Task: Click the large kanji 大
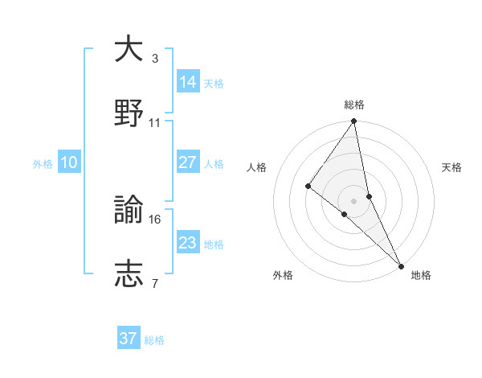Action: (129, 49)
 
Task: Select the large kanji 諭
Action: (129, 210)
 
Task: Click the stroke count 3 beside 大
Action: (154, 59)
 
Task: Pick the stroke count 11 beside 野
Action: (155, 123)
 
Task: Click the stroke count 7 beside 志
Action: (154, 284)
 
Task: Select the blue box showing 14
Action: (187, 82)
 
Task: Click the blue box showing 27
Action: (187, 162)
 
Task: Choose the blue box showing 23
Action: (187, 243)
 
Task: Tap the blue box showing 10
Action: (69, 163)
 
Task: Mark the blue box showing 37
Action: (129, 339)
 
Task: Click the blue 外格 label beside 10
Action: (43, 164)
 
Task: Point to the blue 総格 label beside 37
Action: (154, 340)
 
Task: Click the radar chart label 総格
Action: (354, 105)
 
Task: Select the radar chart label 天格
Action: (452, 167)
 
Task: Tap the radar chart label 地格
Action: (421, 275)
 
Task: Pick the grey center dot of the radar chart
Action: (353, 200)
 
